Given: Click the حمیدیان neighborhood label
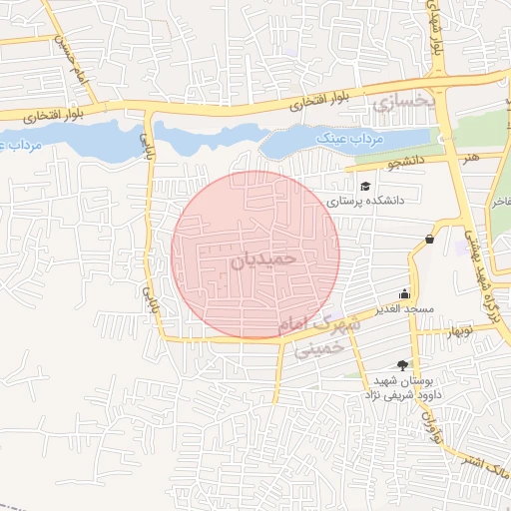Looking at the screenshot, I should pos(264,257).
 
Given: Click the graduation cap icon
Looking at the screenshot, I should pos(365,186).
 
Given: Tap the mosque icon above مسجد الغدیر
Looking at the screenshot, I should pos(404,293).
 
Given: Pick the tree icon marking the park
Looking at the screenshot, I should pos(402,365).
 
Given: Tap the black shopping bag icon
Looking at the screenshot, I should pos(429,239).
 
